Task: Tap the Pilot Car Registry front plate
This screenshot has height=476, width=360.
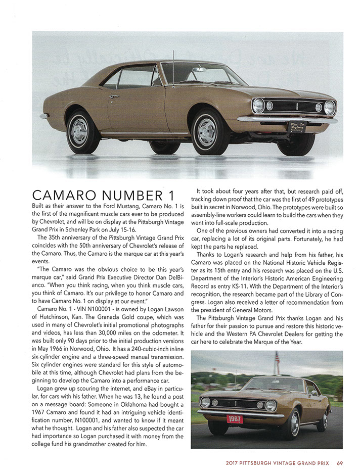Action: (x=296, y=126)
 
